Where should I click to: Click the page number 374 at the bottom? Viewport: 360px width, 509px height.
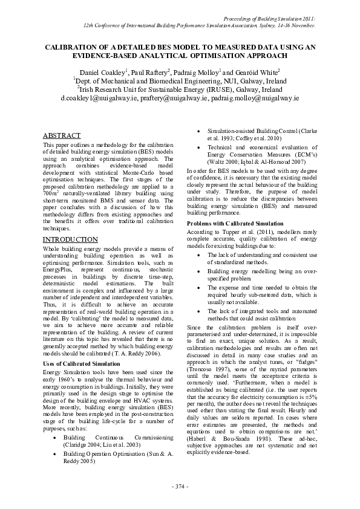[180, 487]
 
